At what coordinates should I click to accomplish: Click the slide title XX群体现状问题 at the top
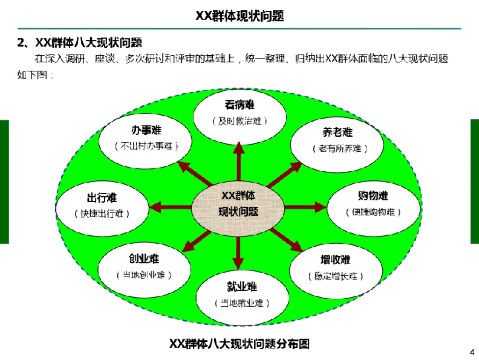click(239, 16)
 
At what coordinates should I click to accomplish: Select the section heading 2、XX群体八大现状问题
click(80, 43)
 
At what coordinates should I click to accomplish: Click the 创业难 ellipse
click(144, 267)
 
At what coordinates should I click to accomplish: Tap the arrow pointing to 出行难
click(170, 206)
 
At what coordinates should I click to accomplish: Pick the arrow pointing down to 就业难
click(239, 253)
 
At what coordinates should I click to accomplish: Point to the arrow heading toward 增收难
click(286, 239)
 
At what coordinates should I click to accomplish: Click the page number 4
click(472, 352)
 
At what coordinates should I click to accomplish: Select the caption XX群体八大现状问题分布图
click(239, 344)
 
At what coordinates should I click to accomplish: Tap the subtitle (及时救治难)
click(239, 121)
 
